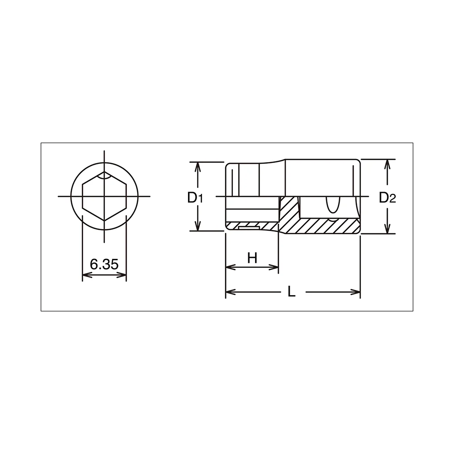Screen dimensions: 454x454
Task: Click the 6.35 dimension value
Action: [104, 264]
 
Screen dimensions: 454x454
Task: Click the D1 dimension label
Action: [195, 198]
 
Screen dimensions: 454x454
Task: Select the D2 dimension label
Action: [387, 198]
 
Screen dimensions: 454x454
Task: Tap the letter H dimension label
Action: [252, 258]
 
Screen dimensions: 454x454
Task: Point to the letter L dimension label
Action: [291, 292]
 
